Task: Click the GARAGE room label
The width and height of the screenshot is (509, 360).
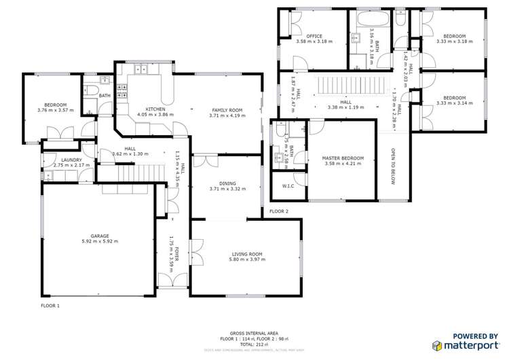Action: (100, 236)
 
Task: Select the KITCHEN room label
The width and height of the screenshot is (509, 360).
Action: (156, 109)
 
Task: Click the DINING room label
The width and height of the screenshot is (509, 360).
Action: (227, 183)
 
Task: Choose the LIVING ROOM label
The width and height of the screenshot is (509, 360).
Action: (246, 254)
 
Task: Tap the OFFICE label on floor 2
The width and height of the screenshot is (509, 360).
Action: (314, 36)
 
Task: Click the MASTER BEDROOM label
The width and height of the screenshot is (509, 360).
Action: (344, 158)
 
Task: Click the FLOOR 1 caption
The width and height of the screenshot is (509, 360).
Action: (50, 306)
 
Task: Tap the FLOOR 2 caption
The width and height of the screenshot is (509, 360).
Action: (278, 212)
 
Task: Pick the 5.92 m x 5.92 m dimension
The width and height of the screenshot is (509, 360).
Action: (100, 241)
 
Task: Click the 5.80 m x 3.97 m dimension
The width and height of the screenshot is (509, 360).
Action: (246, 259)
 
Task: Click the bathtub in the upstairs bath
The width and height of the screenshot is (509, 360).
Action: (371, 18)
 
